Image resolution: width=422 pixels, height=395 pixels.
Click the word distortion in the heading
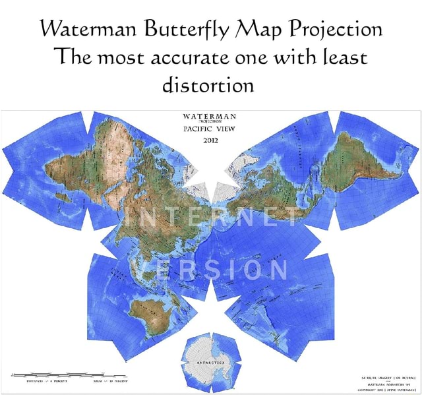click(210, 85)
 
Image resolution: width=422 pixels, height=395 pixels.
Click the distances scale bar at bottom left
click(49, 373)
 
